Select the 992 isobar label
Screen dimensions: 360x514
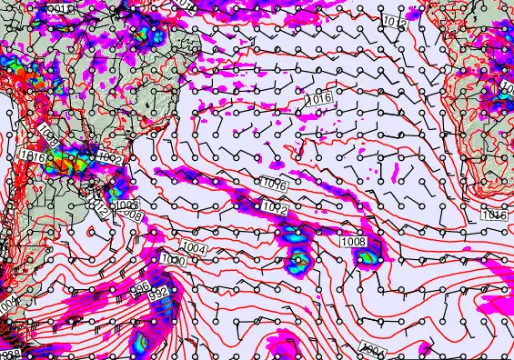point(158,295)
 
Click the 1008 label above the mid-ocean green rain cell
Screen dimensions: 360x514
point(353,242)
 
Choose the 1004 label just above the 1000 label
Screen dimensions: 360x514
point(193,248)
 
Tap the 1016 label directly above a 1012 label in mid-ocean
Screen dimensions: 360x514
point(275,185)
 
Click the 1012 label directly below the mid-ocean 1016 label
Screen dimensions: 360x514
point(276,208)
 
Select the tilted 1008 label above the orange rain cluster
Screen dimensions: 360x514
point(49,139)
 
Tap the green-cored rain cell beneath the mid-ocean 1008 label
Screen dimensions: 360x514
point(367,258)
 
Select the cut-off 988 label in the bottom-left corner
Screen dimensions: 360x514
point(9,355)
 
